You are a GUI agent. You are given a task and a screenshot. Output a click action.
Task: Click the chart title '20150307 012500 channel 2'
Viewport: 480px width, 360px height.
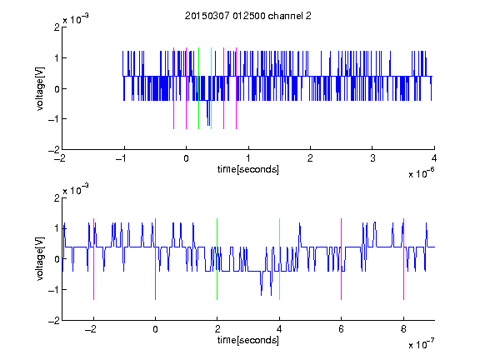(248, 16)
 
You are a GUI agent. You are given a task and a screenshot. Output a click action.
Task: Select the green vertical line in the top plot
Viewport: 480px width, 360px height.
(198, 88)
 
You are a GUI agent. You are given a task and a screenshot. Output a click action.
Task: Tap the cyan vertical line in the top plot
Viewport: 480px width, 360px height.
(211, 88)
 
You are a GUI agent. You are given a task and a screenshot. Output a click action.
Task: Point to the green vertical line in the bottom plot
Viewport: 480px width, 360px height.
(217, 259)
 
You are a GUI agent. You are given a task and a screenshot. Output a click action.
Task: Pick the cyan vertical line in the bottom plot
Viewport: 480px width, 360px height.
(279, 259)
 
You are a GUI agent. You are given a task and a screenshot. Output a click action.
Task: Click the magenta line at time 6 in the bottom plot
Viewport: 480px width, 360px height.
(342, 259)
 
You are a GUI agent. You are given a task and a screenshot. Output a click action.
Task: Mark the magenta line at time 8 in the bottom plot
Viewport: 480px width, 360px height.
(404, 259)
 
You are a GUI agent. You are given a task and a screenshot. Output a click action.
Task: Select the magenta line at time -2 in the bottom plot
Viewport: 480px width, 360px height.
(93, 259)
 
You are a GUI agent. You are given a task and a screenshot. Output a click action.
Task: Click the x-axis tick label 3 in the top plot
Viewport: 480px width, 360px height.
(372, 158)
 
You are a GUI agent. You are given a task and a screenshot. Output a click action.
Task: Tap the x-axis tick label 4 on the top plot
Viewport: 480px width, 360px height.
(434, 158)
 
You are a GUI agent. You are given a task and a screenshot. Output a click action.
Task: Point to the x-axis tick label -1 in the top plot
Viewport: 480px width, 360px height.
(122, 158)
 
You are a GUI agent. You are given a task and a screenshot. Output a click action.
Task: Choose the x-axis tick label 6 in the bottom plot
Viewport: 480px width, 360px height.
(342, 329)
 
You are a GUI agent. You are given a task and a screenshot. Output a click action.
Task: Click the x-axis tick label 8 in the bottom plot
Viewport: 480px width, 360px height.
(404, 329)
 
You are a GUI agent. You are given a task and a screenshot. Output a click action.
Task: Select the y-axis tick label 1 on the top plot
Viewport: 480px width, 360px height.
(57, 58)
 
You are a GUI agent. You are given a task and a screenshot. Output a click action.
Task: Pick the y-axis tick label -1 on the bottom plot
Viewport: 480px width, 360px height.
(53, 290)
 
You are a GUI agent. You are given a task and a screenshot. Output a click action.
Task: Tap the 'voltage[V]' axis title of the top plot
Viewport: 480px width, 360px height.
(40, 89)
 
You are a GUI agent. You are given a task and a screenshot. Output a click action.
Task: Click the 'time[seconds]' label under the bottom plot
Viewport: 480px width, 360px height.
(248, 340)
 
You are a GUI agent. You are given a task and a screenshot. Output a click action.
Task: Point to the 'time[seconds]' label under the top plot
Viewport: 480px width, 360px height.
(248, 169)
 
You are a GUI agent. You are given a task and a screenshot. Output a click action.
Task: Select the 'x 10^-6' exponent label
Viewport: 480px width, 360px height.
(422, 173)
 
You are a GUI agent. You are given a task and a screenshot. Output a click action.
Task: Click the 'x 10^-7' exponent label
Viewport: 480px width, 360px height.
(422, 344)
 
